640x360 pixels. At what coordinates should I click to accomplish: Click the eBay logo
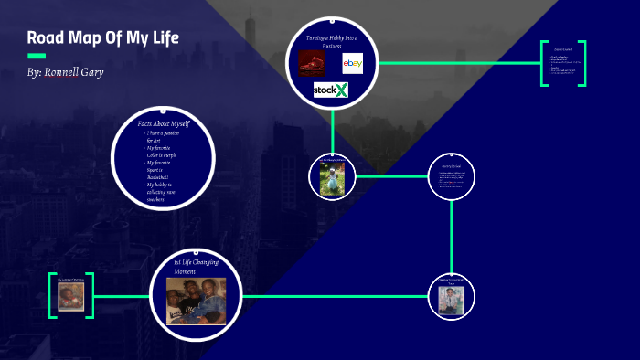353,63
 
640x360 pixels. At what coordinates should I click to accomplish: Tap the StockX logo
331,90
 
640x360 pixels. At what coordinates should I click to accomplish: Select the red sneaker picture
312,63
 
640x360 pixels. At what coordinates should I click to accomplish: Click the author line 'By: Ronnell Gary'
66,71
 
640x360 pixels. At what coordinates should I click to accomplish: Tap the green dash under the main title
37,55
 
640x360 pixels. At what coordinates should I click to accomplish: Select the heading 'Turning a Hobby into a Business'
331,39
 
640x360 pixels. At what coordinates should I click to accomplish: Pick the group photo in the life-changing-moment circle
196,300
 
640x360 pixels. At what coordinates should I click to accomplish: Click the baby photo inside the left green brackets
71,296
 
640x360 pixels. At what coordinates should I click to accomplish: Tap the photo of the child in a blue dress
331,178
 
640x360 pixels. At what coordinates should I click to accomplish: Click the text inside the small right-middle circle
453,177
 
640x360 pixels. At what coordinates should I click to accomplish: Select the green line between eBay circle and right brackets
457,63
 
